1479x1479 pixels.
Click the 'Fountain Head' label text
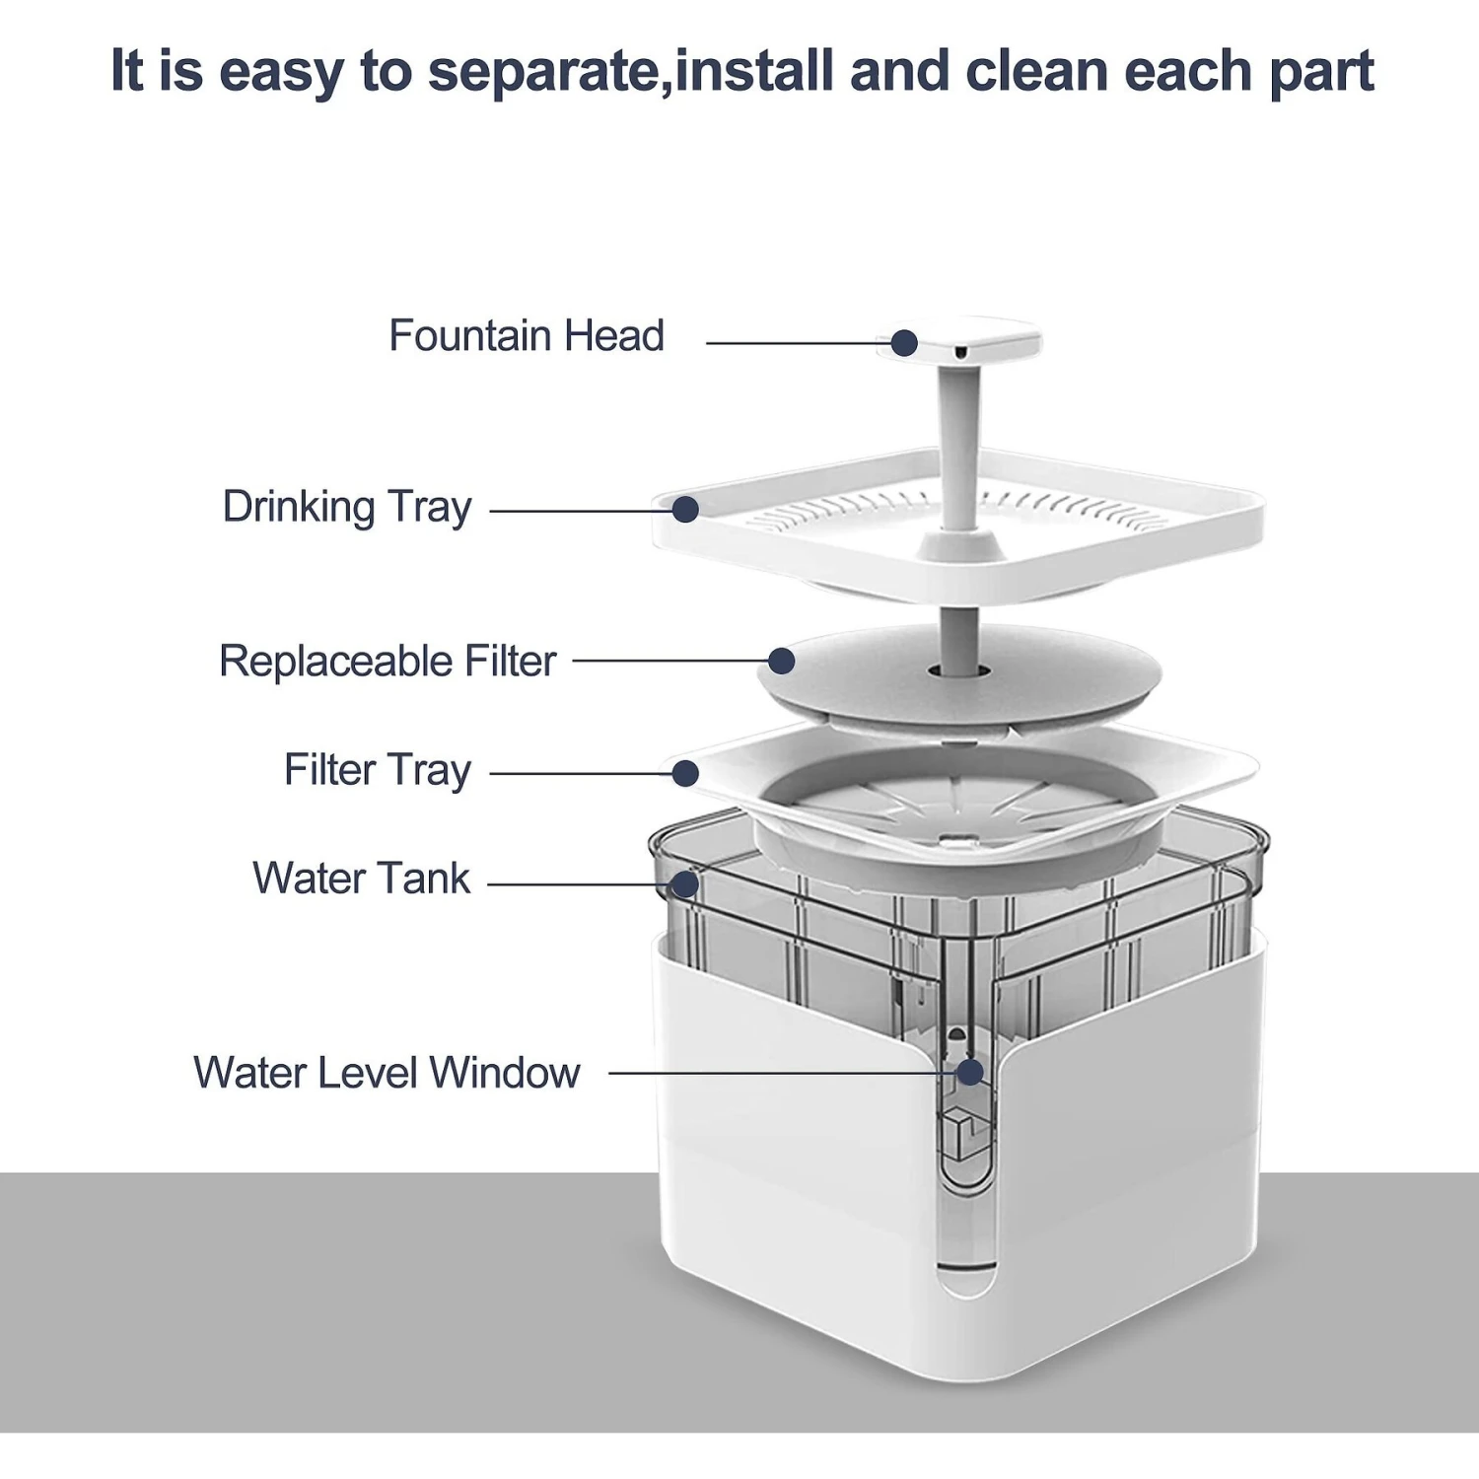(527, 336)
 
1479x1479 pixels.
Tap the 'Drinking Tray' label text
(347, 508)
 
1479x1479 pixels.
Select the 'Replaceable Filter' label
(387, 662)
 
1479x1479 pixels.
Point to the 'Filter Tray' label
(378, 771)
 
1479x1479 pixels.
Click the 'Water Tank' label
(362, 879)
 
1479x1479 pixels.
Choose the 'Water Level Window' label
(387, 1073)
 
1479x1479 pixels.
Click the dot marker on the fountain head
(904, 343)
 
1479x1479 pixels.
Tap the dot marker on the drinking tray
(685, 510)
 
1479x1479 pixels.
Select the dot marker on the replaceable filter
(781, 661)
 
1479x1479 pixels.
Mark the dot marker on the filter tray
(685, 773)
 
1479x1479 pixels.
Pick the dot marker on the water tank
(685, 883)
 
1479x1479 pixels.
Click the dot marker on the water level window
(970, 1072)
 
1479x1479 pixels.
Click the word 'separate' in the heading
(545, 72)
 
